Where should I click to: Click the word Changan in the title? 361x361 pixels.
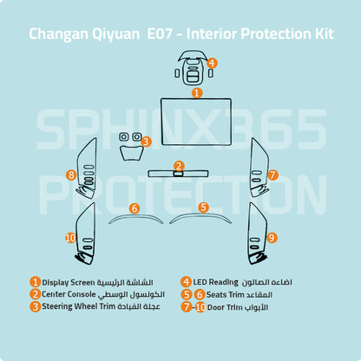pos(58,34)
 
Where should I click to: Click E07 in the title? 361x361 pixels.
pos(160,34)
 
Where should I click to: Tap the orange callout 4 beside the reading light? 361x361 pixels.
pos(212,62)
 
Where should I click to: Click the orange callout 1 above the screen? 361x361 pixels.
pos(197,93)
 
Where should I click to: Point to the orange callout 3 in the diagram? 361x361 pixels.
pos(146,141)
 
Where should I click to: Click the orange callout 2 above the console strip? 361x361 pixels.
pos(179,166)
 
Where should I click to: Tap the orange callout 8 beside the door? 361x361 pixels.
pos(71,175)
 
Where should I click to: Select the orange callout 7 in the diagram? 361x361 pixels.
pos(272,175)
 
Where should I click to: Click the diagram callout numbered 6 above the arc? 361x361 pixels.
pos(135,208)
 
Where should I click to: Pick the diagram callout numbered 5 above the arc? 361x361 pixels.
pos(204,207)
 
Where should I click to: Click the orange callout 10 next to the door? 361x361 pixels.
pos(70,238)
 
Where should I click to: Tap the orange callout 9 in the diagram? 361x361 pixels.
pos(272,238)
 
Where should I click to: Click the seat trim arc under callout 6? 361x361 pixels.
pos(136,216)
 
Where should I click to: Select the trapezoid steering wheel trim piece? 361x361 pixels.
pos(132,153)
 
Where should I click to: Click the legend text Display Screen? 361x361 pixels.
pos(69,283)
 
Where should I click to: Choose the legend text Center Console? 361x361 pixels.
pos(69,294)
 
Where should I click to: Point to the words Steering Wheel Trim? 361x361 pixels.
pos(79,306)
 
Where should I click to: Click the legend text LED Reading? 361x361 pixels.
pos(215,282)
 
